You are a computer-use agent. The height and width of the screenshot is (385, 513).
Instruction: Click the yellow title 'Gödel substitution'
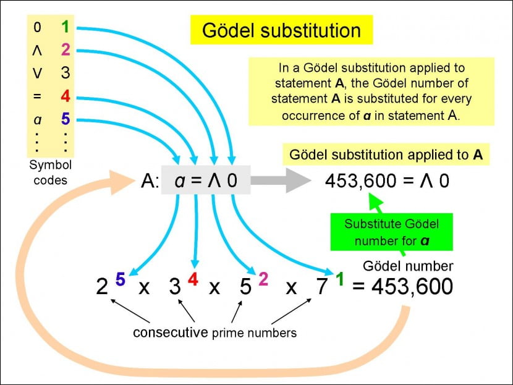click(x=282, y=30)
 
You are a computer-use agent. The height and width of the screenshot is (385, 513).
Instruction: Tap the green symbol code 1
click(x=65, y=27)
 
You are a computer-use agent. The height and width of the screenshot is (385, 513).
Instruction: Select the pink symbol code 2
click(x=66, y=50)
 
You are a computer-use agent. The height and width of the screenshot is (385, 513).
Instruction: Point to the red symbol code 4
click(x=66, y=97)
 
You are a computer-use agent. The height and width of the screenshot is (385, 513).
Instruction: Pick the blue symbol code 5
click(x=66, y=119)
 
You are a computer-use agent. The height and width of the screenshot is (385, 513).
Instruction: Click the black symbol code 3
click(x=66, y=74)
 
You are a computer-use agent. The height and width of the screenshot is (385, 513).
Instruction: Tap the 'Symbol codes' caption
click(x=51, y=172)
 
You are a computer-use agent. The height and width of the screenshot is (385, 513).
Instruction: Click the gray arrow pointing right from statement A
click(x=281, y=180)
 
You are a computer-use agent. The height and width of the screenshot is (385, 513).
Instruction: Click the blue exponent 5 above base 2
click(x=120, y=279)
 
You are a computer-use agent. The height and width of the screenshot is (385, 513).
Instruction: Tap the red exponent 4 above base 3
click(x=192, y=279)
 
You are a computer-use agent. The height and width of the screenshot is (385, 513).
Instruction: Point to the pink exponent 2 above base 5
click(x=263, y=279)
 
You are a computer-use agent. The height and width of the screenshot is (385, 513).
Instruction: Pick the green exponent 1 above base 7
click(x=339, y=279)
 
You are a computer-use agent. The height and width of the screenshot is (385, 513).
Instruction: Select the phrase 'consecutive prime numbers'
click(x=214, y=333)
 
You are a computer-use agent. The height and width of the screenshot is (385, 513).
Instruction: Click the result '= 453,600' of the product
click(x=402, y=287)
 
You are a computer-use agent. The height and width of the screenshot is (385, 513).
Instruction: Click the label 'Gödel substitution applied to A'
click(x=386, y=154)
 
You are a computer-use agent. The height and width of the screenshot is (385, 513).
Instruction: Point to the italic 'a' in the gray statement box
click(x=179, y=180)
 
